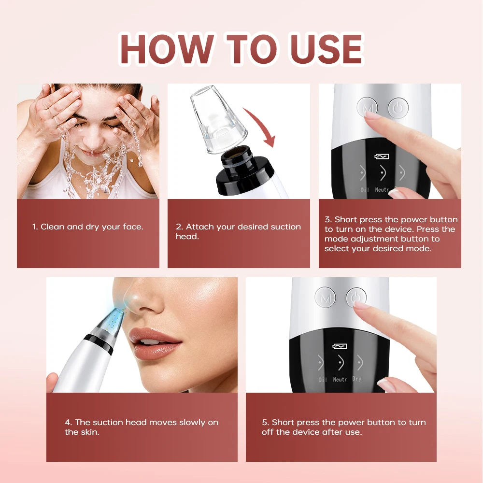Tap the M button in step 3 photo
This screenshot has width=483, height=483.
367,108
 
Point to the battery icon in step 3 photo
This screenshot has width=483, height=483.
383,156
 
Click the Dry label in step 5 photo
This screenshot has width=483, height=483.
357,379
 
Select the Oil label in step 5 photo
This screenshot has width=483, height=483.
323,380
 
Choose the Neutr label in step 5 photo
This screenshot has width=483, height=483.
340,380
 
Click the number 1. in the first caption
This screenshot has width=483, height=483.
35,227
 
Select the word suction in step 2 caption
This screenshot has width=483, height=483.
284,227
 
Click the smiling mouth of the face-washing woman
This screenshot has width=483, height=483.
92,153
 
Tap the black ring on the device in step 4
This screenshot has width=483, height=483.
99,341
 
